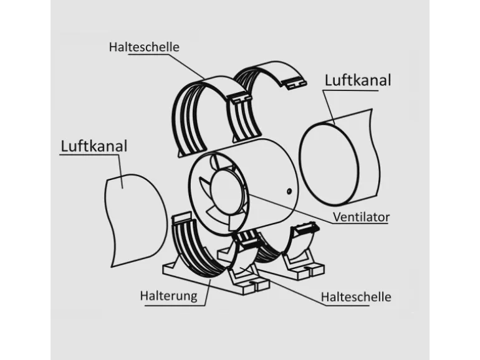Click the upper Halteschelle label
(x=144, y=47)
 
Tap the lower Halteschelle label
(x=356, y=296)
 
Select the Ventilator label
(x=361, y=217)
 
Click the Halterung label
(x=168, y=295)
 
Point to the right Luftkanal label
(x=358, y=80)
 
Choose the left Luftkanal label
(x=94, y=146)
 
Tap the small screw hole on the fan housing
(x=289, y=191)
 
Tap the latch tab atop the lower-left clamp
(x=181, y=218)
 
